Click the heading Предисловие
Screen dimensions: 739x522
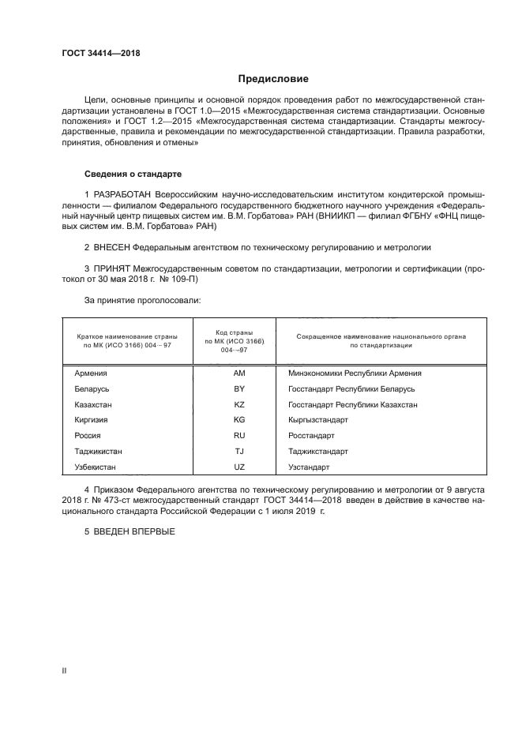(274, 79)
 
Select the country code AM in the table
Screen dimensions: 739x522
(239, 373)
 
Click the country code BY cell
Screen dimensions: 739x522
(239, 389)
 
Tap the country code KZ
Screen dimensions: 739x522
(239, 404)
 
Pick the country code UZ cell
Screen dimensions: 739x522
(239, 467)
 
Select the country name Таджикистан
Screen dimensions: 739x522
(98, 452)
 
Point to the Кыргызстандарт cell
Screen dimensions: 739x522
(318, 420)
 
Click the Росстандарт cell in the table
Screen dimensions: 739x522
(312, 436)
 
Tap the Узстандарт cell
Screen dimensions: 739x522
(310, 467)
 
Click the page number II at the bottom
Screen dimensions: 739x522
(64, 670)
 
